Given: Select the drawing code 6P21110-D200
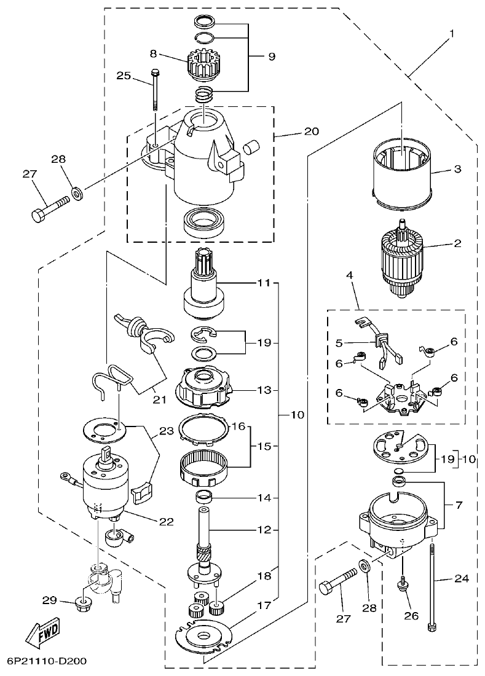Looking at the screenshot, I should (x=47, y=662).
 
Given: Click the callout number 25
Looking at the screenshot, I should (x=124, y=76).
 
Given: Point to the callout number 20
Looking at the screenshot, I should (x=312, y=131).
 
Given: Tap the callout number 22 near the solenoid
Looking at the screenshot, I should (x=166, y=522).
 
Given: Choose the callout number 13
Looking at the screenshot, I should (x=264, y=390).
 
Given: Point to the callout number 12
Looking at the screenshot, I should (x=264, y=530).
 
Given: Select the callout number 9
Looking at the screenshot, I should (x=271, y=57).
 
